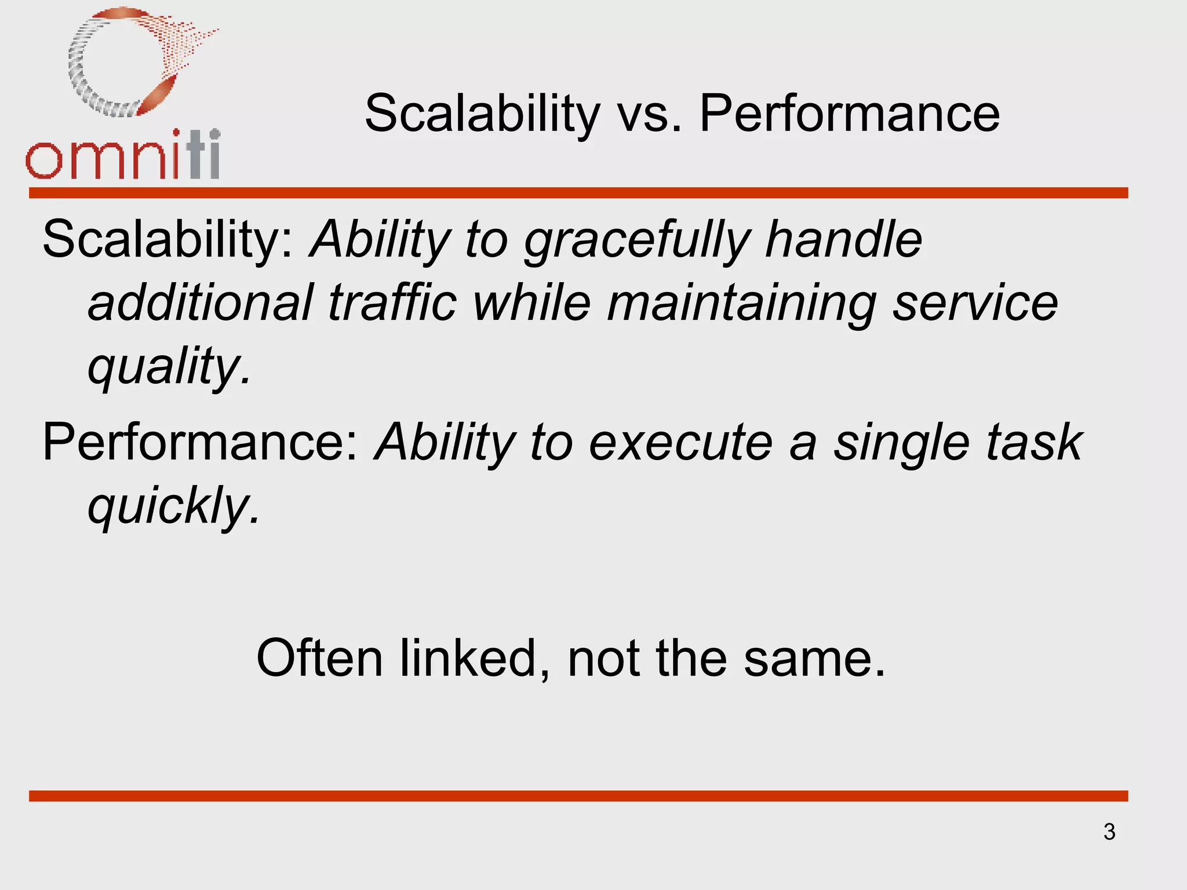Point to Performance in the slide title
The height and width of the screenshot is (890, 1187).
(850, 114)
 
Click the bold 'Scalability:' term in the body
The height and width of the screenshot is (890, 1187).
(168, 240)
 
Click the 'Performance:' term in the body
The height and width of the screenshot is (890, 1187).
(201, 443)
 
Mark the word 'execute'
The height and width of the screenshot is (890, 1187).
(681, 444)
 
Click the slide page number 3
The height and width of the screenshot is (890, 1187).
(1109, 832)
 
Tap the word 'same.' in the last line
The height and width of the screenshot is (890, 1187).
(814, 659)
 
